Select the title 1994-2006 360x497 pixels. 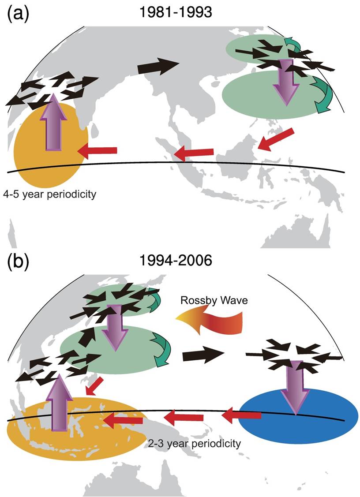[176, 261]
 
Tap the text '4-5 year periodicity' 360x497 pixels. [49, 193]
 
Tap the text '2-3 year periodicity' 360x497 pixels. [194, 443]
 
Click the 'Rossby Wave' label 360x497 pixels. [214, 300]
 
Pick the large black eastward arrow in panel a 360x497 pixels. [158, 66]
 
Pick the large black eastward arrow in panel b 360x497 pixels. [203, 355]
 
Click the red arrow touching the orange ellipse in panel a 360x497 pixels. [97, 150]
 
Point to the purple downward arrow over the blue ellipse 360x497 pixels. [295, 387]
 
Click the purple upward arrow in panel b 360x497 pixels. [60, 402]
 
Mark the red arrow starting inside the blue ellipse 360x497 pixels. [241, 416]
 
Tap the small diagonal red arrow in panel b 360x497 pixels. [94, 386]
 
